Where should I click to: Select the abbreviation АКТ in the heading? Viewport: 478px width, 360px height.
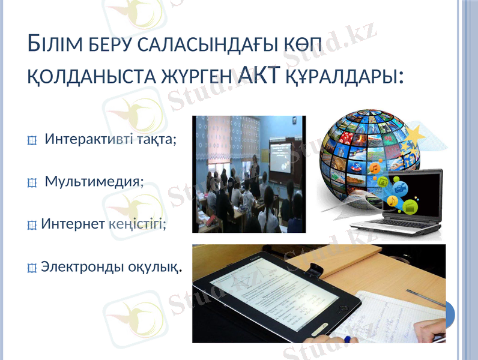tap(260, 75)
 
